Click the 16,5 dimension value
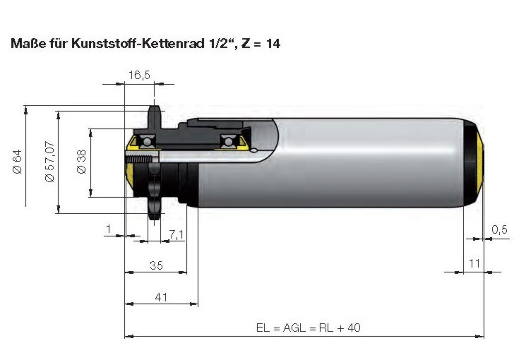(139, 75)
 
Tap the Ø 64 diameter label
(17, 162)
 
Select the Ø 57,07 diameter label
(49, 162)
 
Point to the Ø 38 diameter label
(81, 162)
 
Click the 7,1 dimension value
(177, 234)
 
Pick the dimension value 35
(156, 265)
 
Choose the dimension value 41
(161, 297)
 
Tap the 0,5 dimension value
(499, 229)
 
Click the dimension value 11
(474, 263)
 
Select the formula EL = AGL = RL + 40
(309, 328)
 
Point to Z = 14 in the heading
(261, 43)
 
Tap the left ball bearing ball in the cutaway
(146, 141)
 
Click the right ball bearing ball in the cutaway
(229, 141)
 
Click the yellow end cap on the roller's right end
(480, 162)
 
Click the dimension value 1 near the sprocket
(108, 229)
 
